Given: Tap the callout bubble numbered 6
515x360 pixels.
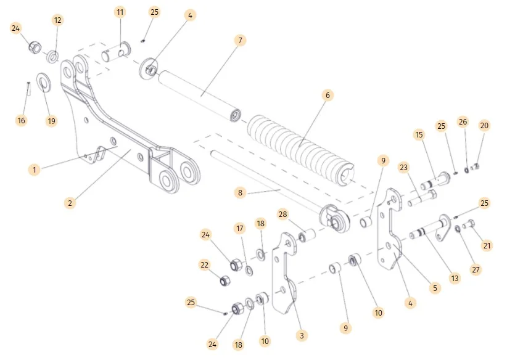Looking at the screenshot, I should coord(328,95).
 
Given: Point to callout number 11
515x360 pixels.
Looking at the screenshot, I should coord(120,12).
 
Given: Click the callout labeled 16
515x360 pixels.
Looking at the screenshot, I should coord(22,120).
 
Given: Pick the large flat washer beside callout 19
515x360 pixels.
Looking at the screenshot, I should coord(44,80).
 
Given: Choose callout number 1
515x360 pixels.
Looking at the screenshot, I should coord(35,169).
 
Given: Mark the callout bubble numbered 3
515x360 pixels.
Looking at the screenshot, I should coord(301,335).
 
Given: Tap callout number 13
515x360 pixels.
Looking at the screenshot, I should coord(455,278).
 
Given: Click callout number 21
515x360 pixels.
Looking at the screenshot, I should coord(487,246).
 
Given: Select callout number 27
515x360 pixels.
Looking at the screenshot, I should coord(476,269).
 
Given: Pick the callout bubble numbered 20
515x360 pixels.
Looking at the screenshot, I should coord(484,126).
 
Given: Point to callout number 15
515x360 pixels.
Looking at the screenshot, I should coord(419,134).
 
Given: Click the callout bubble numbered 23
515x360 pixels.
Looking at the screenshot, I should coord(405,167).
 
